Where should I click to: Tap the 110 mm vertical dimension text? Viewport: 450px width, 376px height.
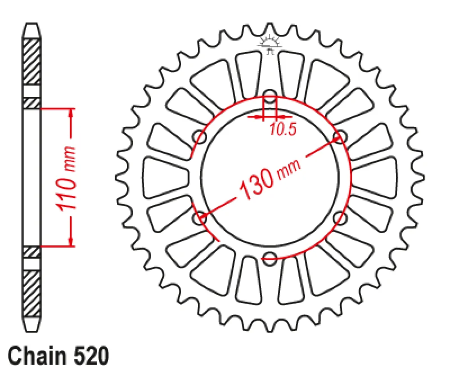click(66, 178)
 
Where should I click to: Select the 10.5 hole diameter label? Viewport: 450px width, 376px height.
click(283, 129)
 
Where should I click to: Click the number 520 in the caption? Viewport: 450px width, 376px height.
click(92, 356)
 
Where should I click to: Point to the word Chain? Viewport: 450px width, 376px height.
click(37, 356)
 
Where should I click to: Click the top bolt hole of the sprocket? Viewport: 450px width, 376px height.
click(269, 96)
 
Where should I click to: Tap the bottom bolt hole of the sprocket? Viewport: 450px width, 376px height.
click(269, 258)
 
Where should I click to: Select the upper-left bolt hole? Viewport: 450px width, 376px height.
click(200, 137)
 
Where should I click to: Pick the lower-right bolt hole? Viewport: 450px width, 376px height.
click(340, 218)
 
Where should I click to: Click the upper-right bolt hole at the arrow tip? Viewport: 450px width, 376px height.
click(340, 137)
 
